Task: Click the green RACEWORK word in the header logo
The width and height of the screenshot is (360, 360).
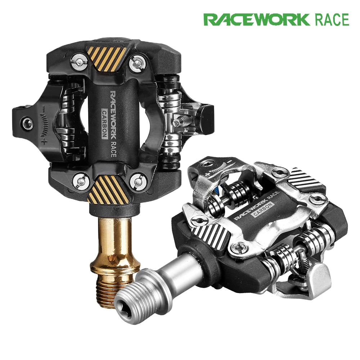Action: coord(256,20)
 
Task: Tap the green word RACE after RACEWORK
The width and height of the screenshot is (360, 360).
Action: coord(332,20)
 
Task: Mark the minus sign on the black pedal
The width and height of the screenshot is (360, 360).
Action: coord(43,107)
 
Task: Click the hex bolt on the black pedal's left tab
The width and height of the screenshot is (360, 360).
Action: coord(27,123)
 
